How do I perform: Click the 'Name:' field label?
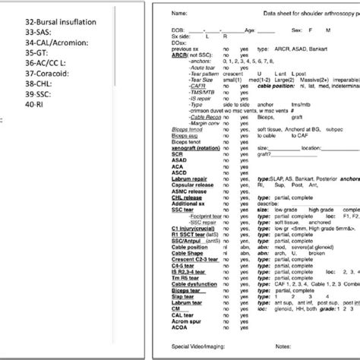click(x=180, y=14)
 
